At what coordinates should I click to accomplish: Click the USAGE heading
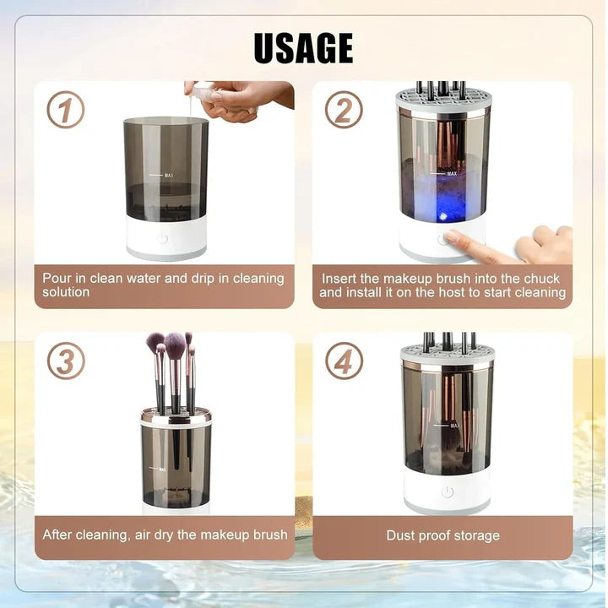click(303, 48)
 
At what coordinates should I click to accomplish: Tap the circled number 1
click(65, 110)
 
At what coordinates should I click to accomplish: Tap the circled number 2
click(344, 110)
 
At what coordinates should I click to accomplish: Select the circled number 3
click(65, 361)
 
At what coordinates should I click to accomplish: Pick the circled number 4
click(344, 361)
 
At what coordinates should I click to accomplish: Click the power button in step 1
click(162, 239)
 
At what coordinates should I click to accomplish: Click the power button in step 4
click(447, 491)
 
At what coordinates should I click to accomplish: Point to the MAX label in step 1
click(169, 175)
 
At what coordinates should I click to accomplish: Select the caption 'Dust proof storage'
click(442, 535)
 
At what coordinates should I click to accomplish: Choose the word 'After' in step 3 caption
click(58, 535)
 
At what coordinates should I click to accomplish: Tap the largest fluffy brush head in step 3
click(175, 345)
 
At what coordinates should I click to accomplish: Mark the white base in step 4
click(447, 492)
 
